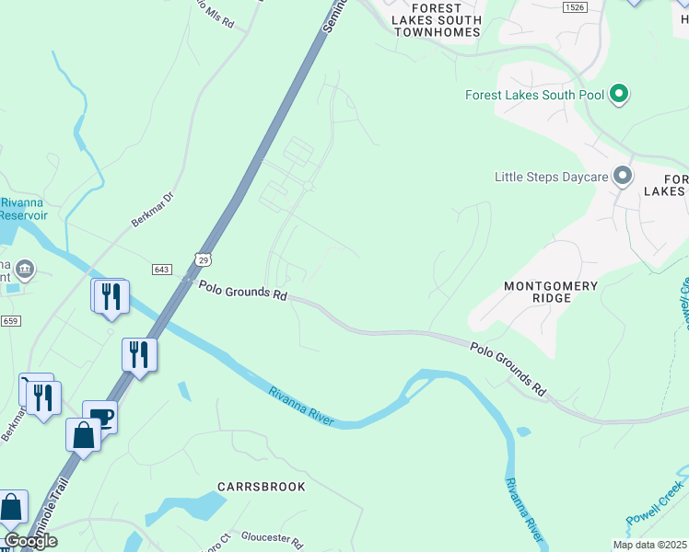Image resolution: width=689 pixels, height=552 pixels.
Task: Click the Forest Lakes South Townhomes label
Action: tap(437, 19)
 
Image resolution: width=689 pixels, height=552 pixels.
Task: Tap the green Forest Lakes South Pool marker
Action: tap(620, 94)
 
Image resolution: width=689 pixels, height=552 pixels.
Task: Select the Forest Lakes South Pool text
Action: tap(534, 95)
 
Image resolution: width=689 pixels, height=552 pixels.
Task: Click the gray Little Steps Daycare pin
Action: tap(624, 175)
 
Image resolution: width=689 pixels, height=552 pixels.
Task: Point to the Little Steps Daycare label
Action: tap(551, 177)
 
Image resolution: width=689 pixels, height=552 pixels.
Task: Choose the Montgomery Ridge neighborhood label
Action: tap(551, 293)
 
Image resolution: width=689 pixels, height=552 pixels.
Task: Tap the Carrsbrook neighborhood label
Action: tap(261, 486)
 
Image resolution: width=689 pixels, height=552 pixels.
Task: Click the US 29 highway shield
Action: tap(203, 260)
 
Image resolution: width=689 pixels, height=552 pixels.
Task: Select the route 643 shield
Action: tap(162, 269)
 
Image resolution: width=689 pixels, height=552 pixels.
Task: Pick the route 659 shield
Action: tap(10, 320)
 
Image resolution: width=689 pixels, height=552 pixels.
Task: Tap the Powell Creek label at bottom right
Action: tap(656, 502)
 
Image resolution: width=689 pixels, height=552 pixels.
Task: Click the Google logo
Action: tap(30, 541)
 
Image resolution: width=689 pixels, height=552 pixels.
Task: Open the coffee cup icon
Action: tap(100, 417)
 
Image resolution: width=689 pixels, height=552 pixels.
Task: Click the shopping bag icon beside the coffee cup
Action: tap(83, 434)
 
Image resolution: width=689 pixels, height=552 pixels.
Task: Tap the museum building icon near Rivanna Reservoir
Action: tap(24, 269)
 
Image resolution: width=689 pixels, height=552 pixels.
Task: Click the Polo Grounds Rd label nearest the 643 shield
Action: tap(243, 291)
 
